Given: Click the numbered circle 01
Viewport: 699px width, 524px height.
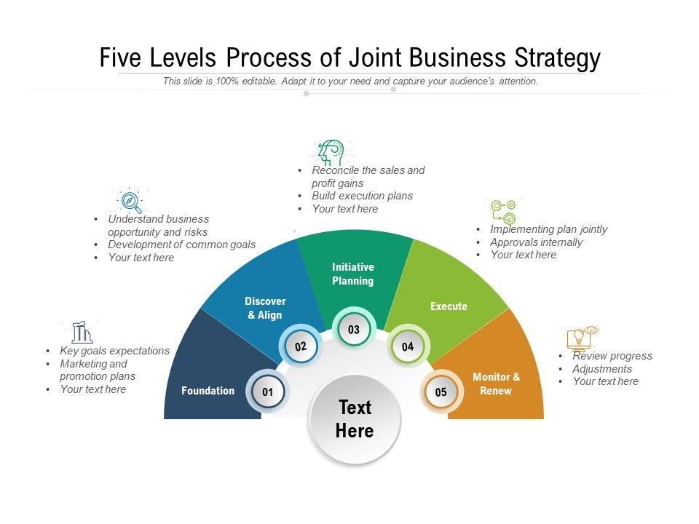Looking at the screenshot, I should [x=267, y=392].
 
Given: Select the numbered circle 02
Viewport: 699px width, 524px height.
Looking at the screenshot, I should [x=301, y=347].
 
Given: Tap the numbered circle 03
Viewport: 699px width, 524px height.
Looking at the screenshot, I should [x=354, y=330].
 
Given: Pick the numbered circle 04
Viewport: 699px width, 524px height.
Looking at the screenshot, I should [x=408, y=347].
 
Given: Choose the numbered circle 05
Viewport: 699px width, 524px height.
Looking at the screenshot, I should [x=441, y=392].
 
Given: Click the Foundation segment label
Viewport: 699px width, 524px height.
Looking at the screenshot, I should [x=208, y=391].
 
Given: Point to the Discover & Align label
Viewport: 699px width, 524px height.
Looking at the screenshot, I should [x=265, y=308].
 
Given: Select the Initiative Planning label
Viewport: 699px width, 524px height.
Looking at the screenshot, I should [x=353, y=274].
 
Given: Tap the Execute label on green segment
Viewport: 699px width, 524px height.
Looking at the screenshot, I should [x=449, y=306].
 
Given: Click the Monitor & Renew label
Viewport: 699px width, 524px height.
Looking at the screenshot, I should [x=497, y=384].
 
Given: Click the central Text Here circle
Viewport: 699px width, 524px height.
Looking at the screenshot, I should [x=355, y=419].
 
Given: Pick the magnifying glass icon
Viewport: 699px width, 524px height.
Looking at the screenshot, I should [x=130, y=200].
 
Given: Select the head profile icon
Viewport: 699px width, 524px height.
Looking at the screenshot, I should [x=331, y=153].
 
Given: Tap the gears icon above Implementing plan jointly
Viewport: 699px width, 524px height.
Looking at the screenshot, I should [x=503, y=212].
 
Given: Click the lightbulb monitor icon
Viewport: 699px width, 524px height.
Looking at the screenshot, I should [x=581, y=338].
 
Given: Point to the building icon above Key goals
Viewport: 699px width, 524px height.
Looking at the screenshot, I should [x=82, y=333].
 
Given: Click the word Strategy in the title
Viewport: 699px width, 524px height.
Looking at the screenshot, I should [x=558, y=57].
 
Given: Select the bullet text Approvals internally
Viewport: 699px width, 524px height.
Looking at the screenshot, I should [x=536, y=242].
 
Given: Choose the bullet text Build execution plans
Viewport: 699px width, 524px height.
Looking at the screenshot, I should [x=362, y=196].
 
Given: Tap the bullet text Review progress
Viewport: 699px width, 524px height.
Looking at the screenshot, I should [x=612, y=356].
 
